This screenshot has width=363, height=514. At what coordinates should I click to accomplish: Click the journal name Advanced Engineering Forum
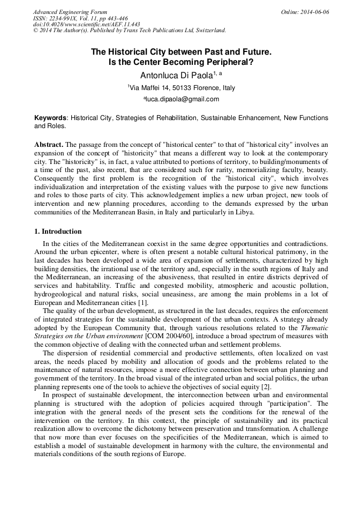[x=70, y=12]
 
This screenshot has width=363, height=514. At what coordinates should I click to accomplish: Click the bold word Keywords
[x=50, y=117]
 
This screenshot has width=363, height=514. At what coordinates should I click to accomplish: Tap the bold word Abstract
[x=49, y=145]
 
